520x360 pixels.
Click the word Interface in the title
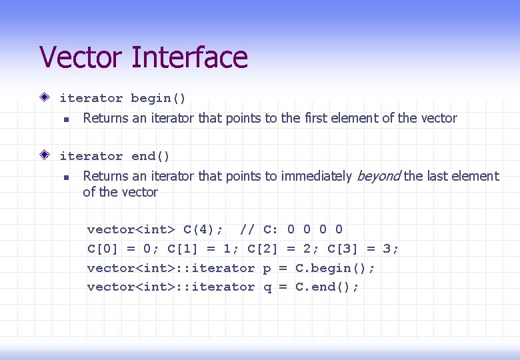[190, 57]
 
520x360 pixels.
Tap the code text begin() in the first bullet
[159, 99]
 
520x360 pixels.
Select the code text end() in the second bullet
[151, 157]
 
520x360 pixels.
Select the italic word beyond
[378, 176]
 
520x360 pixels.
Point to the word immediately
[316, 177]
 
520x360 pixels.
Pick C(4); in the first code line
[203, 230]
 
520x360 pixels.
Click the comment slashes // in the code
[247, 230]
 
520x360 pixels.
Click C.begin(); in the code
[335, 268]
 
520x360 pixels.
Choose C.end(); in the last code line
[327, 287]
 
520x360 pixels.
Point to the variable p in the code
[267, 269]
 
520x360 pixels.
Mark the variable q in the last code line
[267, 288]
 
